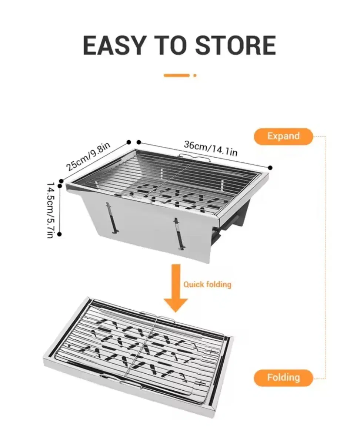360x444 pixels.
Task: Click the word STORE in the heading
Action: coord(236,45)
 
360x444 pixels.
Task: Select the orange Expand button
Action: coord(283,136)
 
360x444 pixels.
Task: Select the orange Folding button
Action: coord(283,378)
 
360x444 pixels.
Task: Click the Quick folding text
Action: coord(207,285)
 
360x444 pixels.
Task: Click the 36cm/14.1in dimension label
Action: coord(211,148)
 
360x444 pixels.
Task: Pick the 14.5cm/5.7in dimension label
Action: coord(50,210)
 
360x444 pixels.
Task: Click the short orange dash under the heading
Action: coord(177,75)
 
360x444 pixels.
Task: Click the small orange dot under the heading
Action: coord(195,75)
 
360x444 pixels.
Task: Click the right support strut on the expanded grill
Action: coord(179,234)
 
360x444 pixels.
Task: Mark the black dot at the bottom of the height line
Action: coord(60,234)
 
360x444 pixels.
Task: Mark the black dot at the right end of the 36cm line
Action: coord(270,168)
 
